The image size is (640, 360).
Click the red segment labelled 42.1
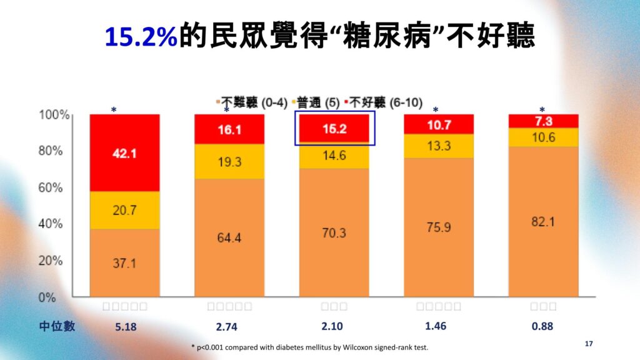click(124, 153)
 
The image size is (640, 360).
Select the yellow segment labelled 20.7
click(124, 211)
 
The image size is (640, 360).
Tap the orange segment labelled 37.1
click(124, 263)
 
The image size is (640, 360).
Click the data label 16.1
click(229, 129)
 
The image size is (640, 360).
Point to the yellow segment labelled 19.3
click(229, 161)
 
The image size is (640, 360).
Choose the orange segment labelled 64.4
click(229, 237)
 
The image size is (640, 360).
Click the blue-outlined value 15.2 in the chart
click(334, 129)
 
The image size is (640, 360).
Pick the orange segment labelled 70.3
click(334, 232)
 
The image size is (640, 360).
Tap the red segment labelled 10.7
click(439, 125)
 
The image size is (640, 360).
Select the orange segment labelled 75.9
click(439, 227)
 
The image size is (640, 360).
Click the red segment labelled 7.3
click(543, 121)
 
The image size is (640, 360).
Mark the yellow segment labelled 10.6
click(543, 137)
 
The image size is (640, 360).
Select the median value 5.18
click(124, 326)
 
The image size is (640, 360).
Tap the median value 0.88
click(543, 326)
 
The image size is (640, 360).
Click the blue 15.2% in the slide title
click(141, 37)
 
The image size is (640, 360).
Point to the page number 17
click(588, 344)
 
